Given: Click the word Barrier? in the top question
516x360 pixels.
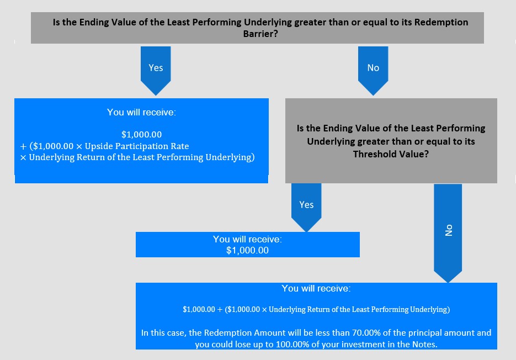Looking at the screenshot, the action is click(x=260, y=34).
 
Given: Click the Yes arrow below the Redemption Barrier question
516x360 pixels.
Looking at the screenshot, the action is click(x=156, y=71).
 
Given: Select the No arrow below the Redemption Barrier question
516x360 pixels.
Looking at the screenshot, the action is click(x=373, y=71).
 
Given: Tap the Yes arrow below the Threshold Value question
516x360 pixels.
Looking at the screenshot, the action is click(x=306, y=208).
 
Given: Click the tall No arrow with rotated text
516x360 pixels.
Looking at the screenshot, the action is click(x=448, y=233).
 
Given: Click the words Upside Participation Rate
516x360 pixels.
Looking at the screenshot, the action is click(x=137, y=146).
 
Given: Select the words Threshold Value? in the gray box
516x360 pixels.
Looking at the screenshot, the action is click(x=391, y=154).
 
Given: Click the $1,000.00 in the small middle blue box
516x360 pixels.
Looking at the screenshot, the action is click(x=247, y=250).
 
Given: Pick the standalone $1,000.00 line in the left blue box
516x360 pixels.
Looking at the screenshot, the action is click(x=141, y=134).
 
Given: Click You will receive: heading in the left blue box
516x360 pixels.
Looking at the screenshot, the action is click(x=141, y=112).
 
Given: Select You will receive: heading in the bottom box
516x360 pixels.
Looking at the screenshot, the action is click(x=316, y=289).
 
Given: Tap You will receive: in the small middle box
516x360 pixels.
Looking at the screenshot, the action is click(x=247, y=239).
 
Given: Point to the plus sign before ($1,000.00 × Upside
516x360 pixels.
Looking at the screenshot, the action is click(x=23, y=146).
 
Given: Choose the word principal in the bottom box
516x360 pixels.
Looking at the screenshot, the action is click(x=425, y=333).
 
